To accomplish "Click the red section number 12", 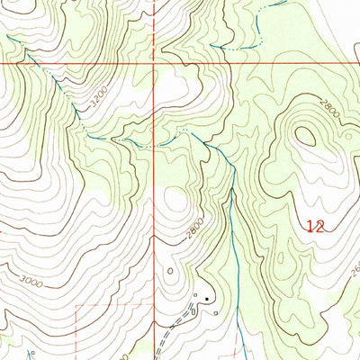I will pos(315,228).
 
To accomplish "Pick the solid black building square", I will pos(207,299).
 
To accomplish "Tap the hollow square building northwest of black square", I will pos(195,293).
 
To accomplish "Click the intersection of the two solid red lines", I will pos(155,65).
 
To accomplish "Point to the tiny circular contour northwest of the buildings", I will pos(170,269).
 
